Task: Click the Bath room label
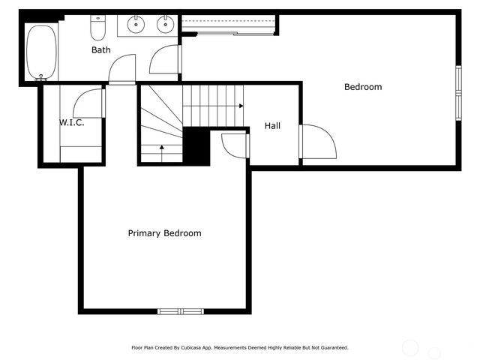tap(101, 50)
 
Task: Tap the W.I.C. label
tap(72, 122)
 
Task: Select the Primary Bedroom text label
tap(164, 233)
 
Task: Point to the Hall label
tap(272, 126)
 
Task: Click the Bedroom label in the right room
tap(363, 87)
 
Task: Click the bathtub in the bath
tap(41, 52)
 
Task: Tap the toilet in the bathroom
tap(98, 28)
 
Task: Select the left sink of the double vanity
tap(136, 25)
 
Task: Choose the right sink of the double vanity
tap(165, 25)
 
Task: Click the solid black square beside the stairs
tap(196, 145)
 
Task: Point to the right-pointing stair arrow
tap(240, 106)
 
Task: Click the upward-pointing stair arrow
tap(161, 148)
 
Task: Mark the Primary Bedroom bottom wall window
tap(181, 311)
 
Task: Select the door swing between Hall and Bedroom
tap(316, 142)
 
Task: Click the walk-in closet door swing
tap(89, 103)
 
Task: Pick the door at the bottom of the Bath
tap(122, 70)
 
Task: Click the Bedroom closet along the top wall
tap(228, 25)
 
